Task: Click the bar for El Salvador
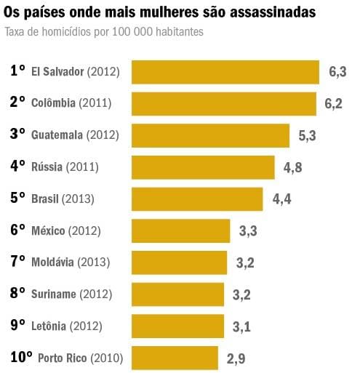click(x=225, y=72)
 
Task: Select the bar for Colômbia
click(x=223, y=103)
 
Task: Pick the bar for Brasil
click(x=197, y=198)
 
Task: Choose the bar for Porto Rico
click(x=175, y=358)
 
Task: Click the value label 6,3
click(x=337, y=72)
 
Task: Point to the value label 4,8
click(x=293, y=167)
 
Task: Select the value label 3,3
click(x=248, y=231)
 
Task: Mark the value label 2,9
click(x=236, y=358)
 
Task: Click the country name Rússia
click(x=47, y=167)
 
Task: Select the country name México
click(x=48, y=230)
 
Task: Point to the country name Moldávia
click(x=52, y=262)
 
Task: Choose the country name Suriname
click(x=54, y=294)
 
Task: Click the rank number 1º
click(x=18, y=71)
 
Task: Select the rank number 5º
click(x=18, y=198)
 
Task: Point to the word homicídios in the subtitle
click(x=60, y=33)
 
